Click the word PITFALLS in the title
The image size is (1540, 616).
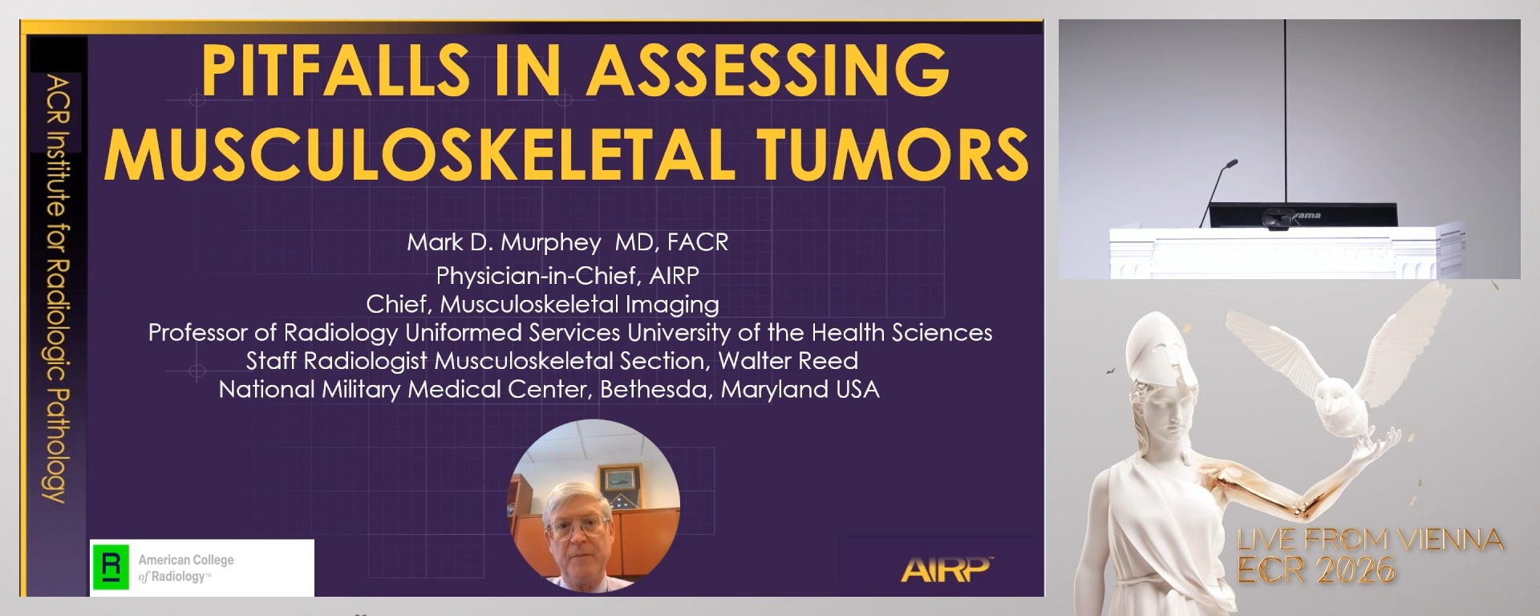tap(336, 71)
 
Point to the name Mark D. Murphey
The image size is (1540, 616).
tap(504, 242)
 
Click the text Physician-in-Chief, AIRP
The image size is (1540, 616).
tap(567, 276)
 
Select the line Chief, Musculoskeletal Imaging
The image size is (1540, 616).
tap(542, 305)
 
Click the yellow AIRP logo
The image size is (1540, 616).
tap(946, 569)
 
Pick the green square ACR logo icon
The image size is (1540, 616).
tap(111, 567)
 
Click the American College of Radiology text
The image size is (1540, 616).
tap(186, 568)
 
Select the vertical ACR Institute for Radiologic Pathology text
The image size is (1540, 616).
tap(57, 289)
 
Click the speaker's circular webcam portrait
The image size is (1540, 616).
tap(594, 505)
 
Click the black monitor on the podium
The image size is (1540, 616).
tap(1303, 216)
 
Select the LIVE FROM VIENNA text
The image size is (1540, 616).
tap(1370, 540)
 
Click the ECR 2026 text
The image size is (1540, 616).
tap(1316, 570)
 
